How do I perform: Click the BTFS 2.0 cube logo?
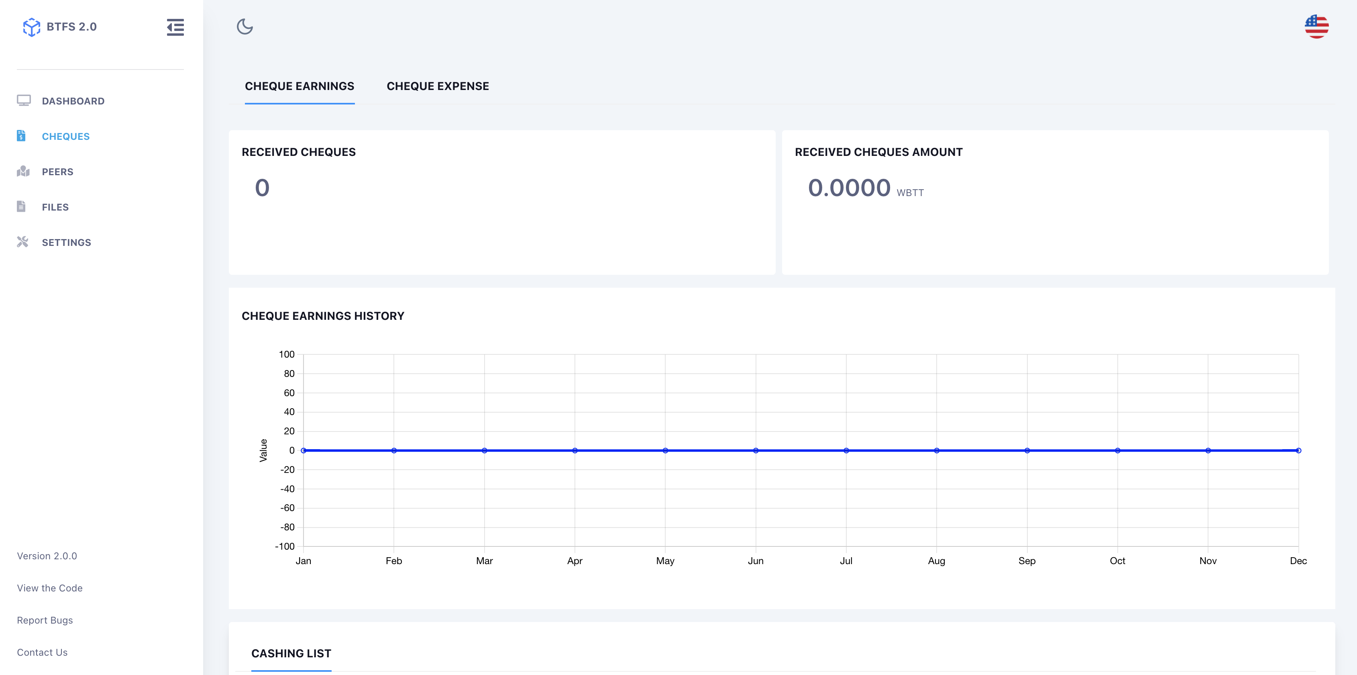(32, 27)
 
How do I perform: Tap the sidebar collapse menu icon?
(175, 27)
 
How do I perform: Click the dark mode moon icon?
(245, 27)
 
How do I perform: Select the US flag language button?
(1316, 27)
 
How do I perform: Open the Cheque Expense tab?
(438, 86)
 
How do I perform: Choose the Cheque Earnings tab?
(299, 86)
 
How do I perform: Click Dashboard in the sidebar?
(73, 101)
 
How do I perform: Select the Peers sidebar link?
(57, 172)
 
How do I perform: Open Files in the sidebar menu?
(55, 207)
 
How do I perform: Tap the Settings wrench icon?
(22, 242)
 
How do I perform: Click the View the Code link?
(49, 588)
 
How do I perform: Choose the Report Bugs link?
(45, 620)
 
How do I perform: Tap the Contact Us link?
(42, 652)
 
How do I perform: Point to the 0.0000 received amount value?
(849, 188)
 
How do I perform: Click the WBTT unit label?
(910, 193)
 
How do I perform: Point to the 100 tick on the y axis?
(287, 354)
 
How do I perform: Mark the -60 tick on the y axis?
(287, 508)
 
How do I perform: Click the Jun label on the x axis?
(756, 560)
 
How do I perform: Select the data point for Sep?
(1027, 450)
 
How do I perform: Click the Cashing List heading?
(291, 653)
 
